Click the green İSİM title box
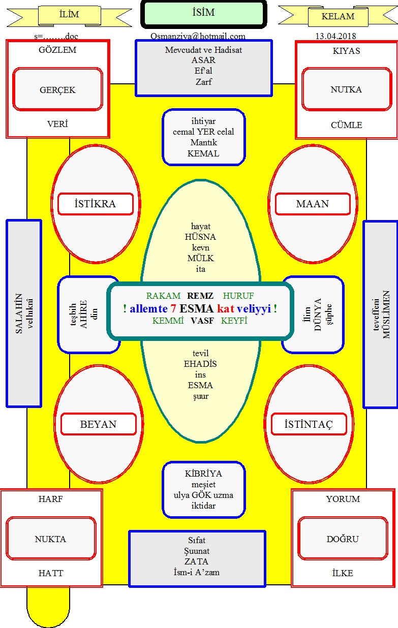(204, 14)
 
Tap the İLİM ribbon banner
(69, 16)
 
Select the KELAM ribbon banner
(338, 16)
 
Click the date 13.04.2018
(336, 36)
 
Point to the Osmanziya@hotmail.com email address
(198, 36)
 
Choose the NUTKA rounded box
(346, 89)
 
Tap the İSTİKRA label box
(96, 204)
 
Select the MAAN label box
(313, 204)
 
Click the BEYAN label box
(99, 424)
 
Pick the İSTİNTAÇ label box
(309, 424)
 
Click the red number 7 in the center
(173, 309)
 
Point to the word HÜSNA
(200, 237)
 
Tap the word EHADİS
(200, 364)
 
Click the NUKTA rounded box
(51, 539)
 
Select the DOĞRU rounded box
(343, 539)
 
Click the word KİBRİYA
(203, 474)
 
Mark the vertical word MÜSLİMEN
(386, 315)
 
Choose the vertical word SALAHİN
(19, 313)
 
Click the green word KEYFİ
(234, 321)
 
